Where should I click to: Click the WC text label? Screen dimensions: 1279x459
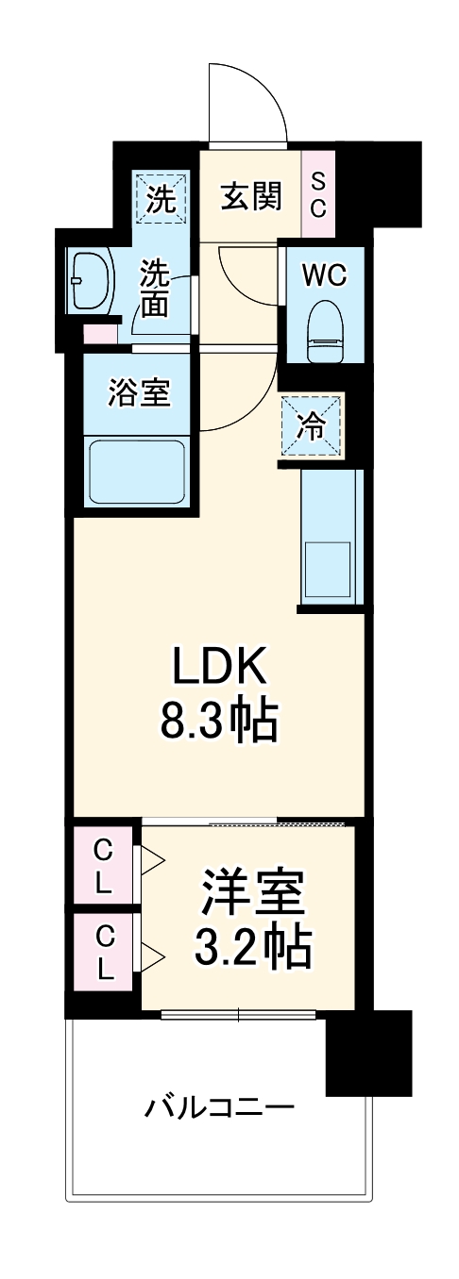(324, 274)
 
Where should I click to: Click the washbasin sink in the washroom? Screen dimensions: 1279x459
(91, 280)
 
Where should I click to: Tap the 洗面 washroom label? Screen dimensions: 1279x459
(156, 288)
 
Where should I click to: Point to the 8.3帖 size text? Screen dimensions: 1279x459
(221, 721)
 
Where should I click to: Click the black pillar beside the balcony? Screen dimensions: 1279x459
(368, 1054)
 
